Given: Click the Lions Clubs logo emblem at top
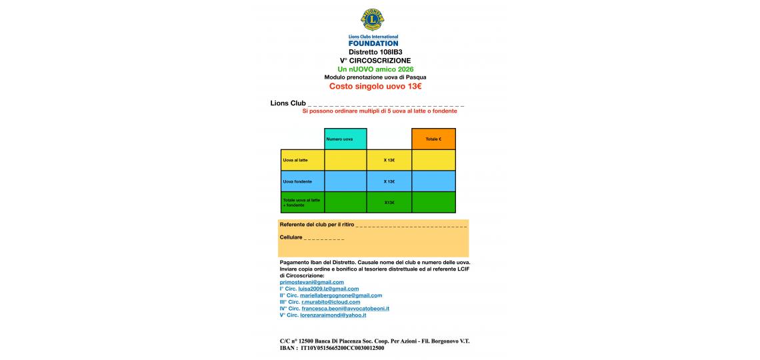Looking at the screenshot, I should pos(373,20).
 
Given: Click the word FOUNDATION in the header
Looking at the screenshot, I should pos(373,43).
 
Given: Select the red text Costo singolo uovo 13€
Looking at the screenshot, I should pos(375,86).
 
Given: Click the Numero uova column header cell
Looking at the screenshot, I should pos(345,139).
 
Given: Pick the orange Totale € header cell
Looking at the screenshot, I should pos(433,139).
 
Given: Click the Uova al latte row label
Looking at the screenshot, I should pos(303,160).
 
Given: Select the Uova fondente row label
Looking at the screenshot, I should pos(303,181).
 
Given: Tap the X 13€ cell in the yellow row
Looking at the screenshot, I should pos(389,160).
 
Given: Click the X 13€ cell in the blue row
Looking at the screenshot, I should pos(389,181).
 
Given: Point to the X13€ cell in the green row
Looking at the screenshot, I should pos(389,203).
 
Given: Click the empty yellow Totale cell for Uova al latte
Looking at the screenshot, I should pos(433,160).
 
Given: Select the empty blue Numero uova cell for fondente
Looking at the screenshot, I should pos(345,181).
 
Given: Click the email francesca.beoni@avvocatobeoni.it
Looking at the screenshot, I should pos(345,309).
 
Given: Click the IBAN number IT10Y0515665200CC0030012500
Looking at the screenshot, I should pos(343,348).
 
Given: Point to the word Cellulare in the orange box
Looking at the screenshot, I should pos(291,237).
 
